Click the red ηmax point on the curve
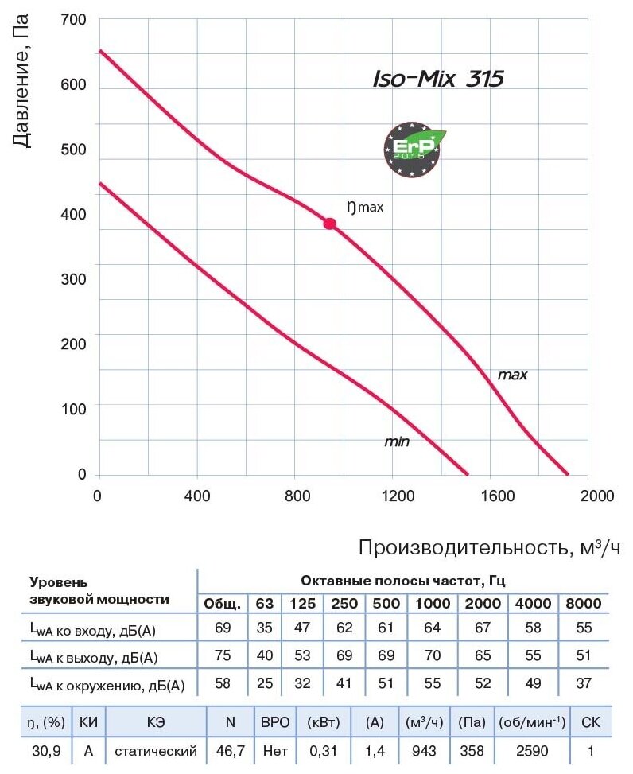click(329, 224)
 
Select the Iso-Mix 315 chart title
click(438, 80)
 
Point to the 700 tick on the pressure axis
click(73, 20)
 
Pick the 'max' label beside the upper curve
click(512, 374)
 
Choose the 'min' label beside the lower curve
click(397, 441)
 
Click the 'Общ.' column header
click(222, 603)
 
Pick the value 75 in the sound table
click(223, 655)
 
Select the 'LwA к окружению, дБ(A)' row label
click(107, 684)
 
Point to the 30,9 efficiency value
click(37, 749)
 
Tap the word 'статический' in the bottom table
click(155, 749)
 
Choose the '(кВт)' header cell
click(324, 722)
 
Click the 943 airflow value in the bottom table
click(425, 749)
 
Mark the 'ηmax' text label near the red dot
click(365, 207)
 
